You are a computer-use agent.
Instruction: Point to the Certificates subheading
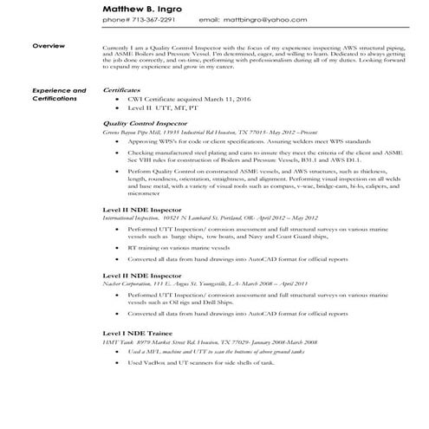(122, 89)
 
